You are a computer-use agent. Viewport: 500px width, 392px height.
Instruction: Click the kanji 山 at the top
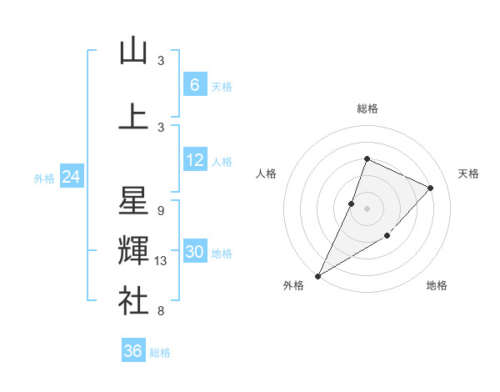[133, 51]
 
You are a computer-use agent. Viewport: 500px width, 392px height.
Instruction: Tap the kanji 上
[133, 117]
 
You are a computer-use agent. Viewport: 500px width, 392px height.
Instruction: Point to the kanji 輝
[133, 250]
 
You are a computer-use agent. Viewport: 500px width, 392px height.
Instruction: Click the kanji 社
[133, 300]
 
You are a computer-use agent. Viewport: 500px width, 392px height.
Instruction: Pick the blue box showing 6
[194, 85]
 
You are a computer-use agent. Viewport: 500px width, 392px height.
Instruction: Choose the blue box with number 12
[194, 160]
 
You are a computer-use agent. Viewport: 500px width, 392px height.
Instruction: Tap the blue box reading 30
[194, 252]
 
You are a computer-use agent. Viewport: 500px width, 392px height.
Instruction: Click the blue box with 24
[71, 177]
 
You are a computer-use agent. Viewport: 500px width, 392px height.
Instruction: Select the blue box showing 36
[133, 351]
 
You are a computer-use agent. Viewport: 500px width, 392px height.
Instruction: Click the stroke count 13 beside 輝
[162, 261]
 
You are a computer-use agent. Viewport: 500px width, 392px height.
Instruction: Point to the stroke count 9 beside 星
[161, 211]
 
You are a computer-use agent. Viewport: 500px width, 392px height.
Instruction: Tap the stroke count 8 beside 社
[161, 311]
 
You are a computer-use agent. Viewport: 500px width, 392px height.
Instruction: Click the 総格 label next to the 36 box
[160, 353]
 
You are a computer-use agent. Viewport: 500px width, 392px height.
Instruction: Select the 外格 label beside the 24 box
[44, 178]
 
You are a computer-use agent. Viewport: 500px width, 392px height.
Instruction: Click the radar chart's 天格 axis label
[468, 173]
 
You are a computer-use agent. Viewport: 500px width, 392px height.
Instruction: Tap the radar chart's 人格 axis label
[266, 173]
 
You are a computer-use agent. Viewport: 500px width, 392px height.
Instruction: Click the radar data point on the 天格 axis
[430, 188]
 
